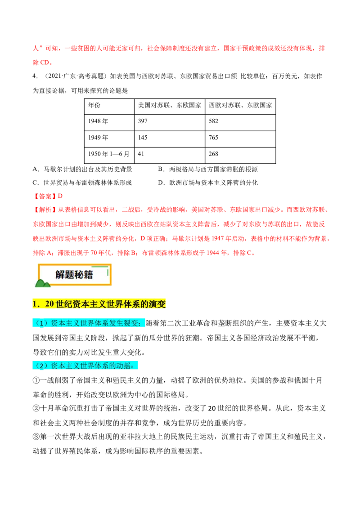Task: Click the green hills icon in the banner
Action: coord(42,283)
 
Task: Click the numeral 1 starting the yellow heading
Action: coord(35,304)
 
